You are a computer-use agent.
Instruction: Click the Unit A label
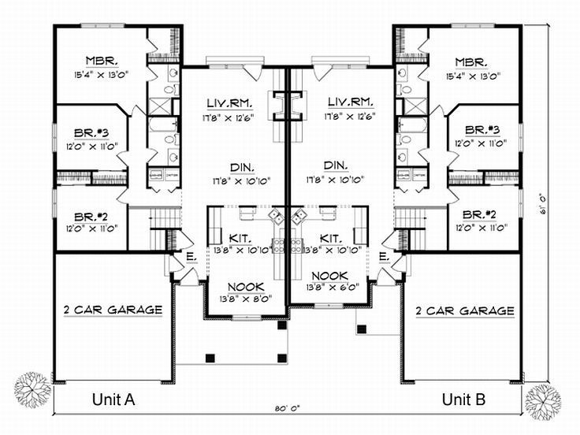coord(114,399)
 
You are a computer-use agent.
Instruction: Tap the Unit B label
coord(463,399)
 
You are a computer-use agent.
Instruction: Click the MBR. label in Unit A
coord(102,61)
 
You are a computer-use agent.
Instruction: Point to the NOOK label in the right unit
coord(329,275)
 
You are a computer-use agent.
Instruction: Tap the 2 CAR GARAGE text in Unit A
coord(112,310)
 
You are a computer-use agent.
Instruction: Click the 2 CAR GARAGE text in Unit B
coord(465,310)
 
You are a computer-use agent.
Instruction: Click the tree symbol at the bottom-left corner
coord(32,389)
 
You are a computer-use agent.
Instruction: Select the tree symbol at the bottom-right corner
coord(543,400)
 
